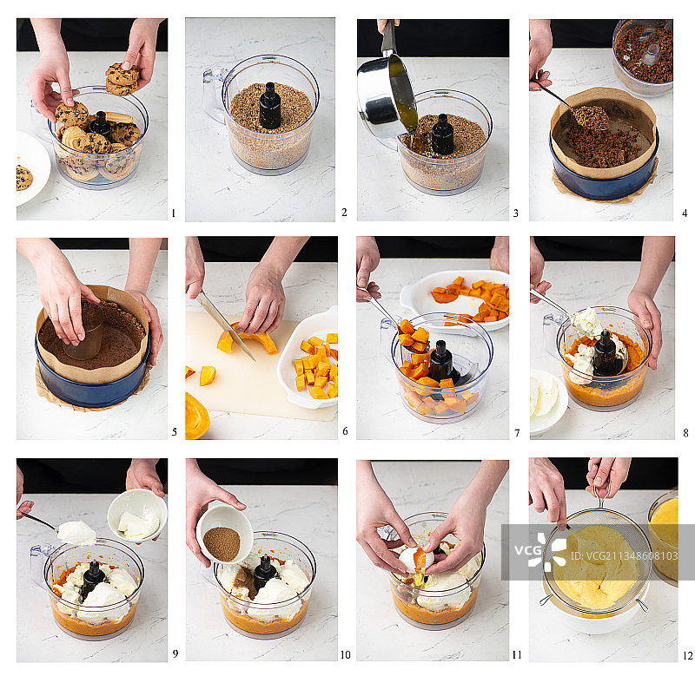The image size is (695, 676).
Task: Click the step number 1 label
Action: coord(173,213)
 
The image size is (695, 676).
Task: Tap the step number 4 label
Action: coord(685,213)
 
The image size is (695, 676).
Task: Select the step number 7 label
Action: coord(517,433)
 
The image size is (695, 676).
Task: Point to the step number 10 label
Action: coord(345,654)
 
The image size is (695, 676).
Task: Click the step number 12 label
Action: coord(687,655)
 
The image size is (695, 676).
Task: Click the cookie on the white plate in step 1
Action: coord(23,177)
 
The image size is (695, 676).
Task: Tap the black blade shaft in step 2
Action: coord(270,105)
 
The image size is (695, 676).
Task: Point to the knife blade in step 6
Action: coord(226,325)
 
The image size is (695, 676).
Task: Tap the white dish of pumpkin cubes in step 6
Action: coord(309,358)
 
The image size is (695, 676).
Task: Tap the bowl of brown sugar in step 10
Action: coord(224,535)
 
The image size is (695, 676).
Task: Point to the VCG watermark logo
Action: coord(540,551)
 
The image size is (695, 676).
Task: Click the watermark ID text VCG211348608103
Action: coord(624,556)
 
